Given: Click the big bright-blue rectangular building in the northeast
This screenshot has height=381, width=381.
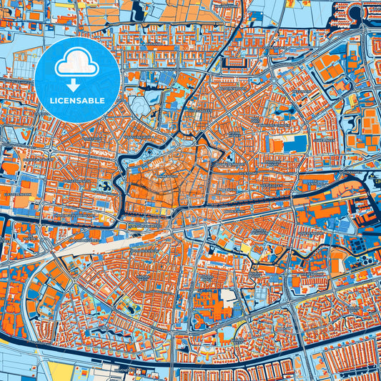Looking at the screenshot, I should [295, 144].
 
